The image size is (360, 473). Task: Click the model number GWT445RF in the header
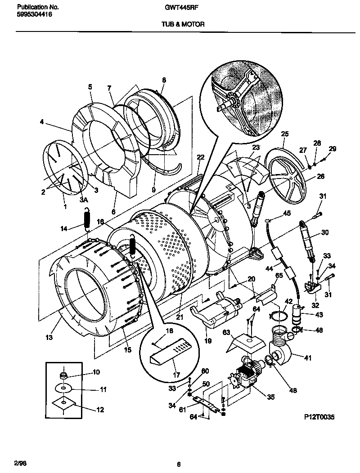[x=185, y=8]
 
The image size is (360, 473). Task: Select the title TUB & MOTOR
[x=183, y=25]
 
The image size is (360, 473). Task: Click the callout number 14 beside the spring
[x=64, y=228]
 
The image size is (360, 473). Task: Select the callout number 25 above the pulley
[x=284, y=134]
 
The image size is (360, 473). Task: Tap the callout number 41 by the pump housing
[x=308, y=358]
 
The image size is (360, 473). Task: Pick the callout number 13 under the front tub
[x=49, y=337]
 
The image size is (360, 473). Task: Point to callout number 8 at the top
[x=164, y=80]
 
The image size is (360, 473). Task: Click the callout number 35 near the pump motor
[x=270, y=397]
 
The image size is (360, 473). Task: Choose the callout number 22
[x=200, y=157]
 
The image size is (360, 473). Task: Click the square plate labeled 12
[x=64, y=403]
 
